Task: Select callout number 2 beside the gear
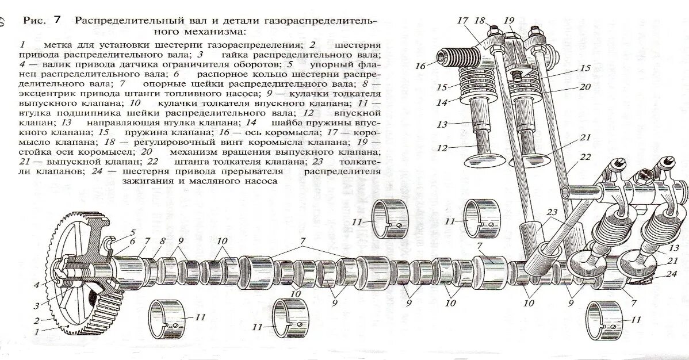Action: pyautogui.click(x=37, y=320)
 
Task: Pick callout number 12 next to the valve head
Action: pyautogui.click(x=441, y=148)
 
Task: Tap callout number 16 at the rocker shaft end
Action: pyautogui.click(x=420, y=66)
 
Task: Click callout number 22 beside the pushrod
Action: pyautogui.click(x=585, y=157)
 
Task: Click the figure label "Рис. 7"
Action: pyautogui.click(x=42, y=20)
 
